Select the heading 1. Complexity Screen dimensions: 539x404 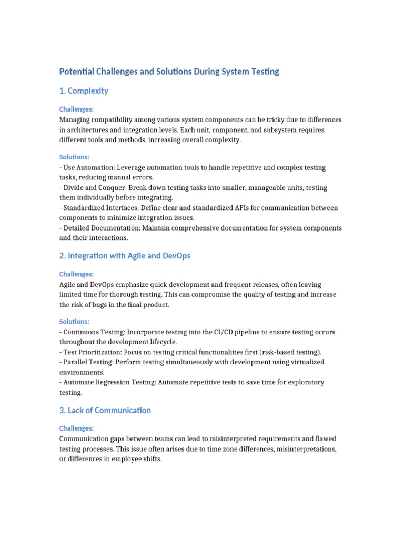click(84, 91)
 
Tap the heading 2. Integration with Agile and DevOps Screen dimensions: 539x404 click(125, 256)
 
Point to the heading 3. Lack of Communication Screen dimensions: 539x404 click(105, 411)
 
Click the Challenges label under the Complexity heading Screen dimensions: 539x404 click(76, 109)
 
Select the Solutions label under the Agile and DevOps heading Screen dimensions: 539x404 click(74, 322)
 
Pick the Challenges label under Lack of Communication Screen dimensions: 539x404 click(76, 428)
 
